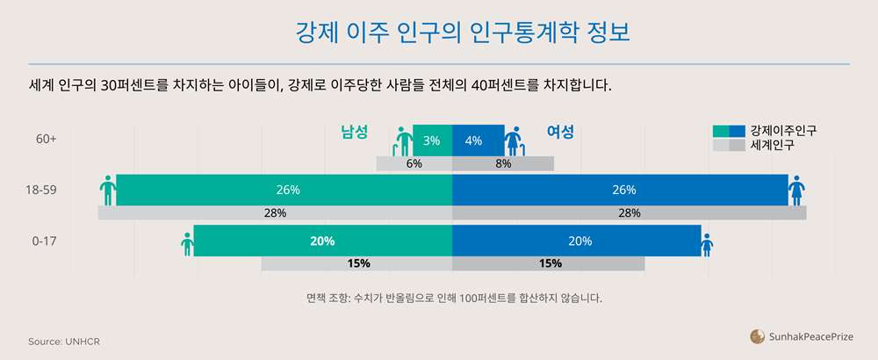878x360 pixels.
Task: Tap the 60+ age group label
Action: tap(47, 140)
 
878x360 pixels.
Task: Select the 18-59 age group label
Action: tap(44, 190)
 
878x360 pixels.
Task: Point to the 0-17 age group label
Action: tap(44, 241)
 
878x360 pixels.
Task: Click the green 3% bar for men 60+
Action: tap(432, 140)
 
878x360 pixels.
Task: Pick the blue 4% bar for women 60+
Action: tap(478, 140)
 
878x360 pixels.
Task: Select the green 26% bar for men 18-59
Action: tap(284, 190)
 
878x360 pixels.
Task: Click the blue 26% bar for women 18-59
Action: tap(620, 190)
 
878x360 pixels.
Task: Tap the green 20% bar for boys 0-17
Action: tap(322, 241)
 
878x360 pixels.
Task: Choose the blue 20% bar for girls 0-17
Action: tap(576, 241)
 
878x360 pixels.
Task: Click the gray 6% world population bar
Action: tap(414, 163)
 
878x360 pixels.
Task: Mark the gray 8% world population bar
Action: tap(503, 163)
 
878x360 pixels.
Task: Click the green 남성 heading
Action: tap(354, 132)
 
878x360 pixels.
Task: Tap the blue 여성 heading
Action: tap(560, 132)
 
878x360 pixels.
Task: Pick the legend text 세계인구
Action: tap(773, 145)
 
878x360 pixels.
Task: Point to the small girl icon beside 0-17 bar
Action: tap(707, 244)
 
